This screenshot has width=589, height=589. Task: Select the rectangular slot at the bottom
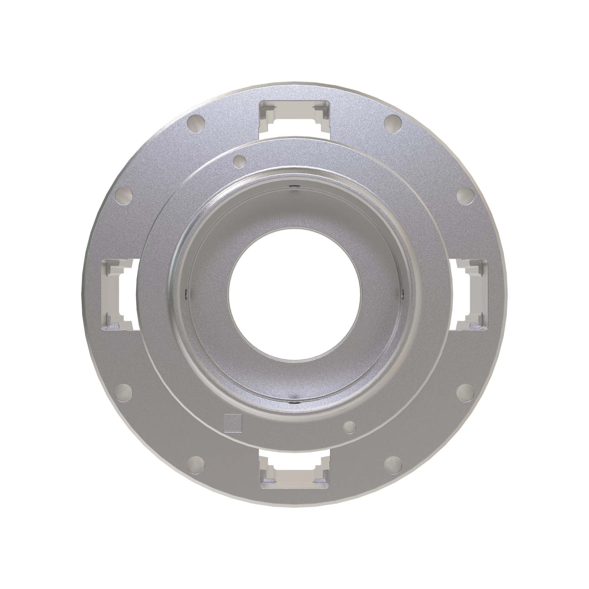point(294,473)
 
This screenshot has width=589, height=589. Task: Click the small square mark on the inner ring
point(233,423)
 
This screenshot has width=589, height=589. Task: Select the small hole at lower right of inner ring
point(349,427)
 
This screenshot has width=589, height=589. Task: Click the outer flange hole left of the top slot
point(196,123)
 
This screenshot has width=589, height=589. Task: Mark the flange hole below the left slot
point(124,391)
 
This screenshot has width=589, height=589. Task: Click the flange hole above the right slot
point(465,195)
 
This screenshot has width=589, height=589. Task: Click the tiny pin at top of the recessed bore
point(294,187)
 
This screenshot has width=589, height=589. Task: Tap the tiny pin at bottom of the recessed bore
point(294,402)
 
